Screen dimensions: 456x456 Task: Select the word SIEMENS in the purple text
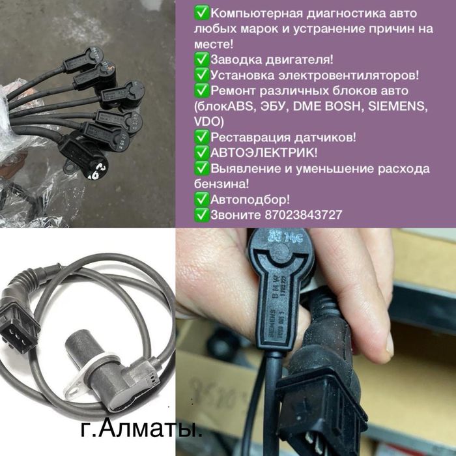400,106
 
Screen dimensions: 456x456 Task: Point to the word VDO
209,121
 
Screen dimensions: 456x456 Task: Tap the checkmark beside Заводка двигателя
201,59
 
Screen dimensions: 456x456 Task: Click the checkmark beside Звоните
201,215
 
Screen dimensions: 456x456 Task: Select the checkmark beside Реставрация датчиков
201,137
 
